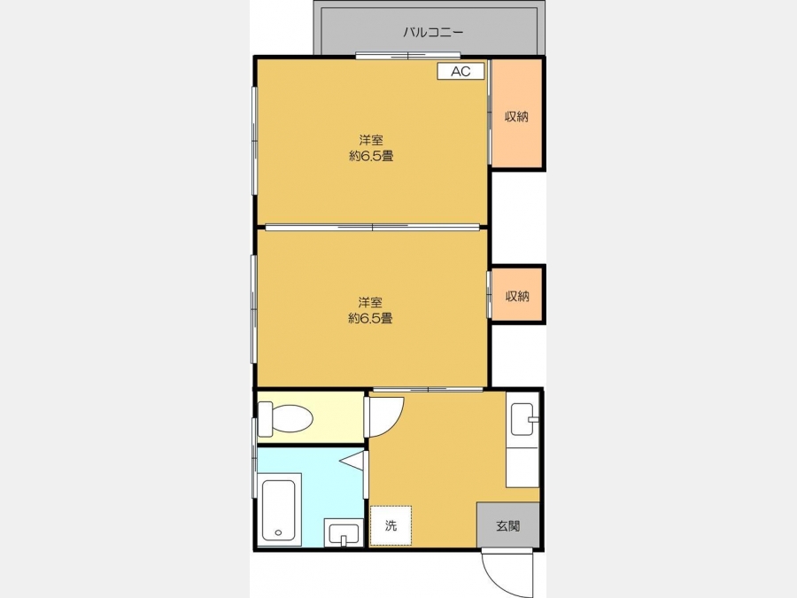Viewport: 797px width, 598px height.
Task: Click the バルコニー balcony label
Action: coord(433,33)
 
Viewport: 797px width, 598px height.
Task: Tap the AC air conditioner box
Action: coord(460,71)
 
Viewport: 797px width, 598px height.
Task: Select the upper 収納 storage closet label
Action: coord(516,116)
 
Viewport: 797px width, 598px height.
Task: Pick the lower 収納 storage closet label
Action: coord(517,296)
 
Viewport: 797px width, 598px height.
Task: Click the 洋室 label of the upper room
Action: coord(371,140)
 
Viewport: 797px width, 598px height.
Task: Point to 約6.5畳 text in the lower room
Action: coord(370,318)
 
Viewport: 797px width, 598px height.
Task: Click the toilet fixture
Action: coord(285,418)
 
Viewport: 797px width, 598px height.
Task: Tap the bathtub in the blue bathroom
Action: coord(279,510)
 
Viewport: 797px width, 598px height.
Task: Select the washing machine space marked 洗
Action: coord(391,525)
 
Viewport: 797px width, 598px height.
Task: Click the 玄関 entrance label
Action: coord(507,525)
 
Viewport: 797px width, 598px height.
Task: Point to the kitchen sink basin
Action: coord(522,420)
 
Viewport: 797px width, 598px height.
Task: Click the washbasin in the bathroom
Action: coord(344,533)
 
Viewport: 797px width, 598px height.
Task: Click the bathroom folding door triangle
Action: coord(352,461)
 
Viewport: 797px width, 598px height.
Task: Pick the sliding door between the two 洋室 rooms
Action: coord(373,228)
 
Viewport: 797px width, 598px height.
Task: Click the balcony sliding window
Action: coord(407,56)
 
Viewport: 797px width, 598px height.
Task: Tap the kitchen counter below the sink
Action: coord(522,467)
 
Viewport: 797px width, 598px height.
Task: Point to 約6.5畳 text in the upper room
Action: coord(371,156)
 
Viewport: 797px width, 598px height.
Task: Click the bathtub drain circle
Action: coord(278,532)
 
